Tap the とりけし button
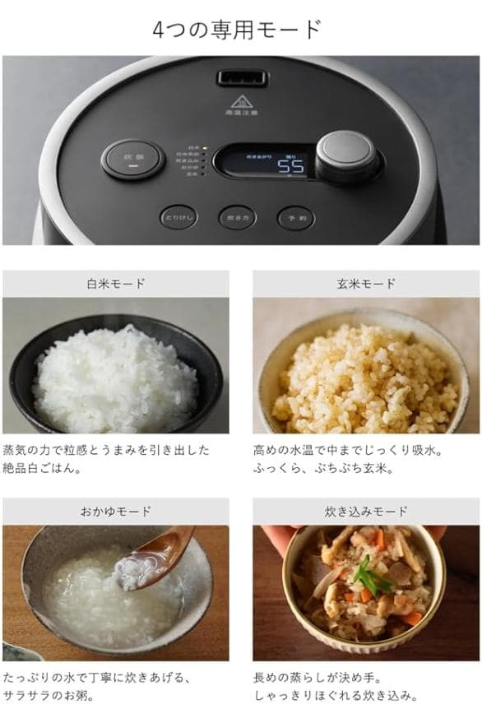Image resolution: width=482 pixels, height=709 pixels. click(178, 218)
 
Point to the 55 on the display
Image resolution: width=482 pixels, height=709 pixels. click(289, 166)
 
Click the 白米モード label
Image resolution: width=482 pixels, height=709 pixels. click(116, 284)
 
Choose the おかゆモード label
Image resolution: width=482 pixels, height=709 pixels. click(116, 511)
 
